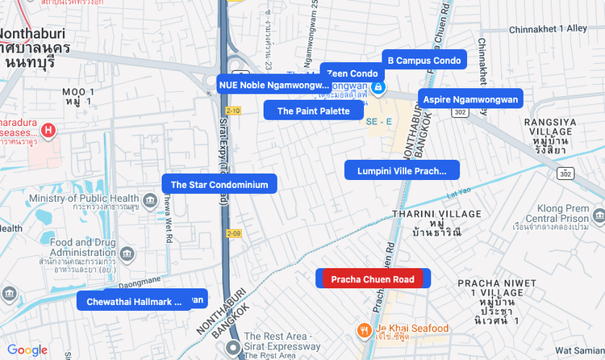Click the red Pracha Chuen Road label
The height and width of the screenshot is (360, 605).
coord(372,279)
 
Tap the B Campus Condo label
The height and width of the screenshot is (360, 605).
coord(423,61)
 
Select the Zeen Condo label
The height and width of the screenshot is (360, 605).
coord(352,73)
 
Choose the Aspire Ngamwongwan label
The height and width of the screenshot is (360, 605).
coord(470,98)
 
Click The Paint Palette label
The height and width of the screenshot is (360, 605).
coord(313,111)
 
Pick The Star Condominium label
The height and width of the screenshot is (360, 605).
coord(219,184)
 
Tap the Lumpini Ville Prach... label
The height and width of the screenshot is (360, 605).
coord(402,170)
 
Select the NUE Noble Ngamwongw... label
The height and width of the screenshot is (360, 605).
coord(273,84)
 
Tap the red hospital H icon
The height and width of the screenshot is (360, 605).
coord(49,129)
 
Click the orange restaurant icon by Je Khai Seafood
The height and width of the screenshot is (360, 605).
coord(365,329)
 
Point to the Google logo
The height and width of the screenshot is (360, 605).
coord(27,350)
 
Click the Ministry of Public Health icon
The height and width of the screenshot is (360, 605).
coord(149,199)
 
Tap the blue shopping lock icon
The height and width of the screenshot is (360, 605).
coord(378,86)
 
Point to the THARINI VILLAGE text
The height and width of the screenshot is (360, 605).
coord(436,214)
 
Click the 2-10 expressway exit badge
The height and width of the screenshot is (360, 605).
coord(233,110)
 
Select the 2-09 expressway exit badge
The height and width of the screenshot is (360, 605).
coord(234,233)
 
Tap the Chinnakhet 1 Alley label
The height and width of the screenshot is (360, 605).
coord(549,28)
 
